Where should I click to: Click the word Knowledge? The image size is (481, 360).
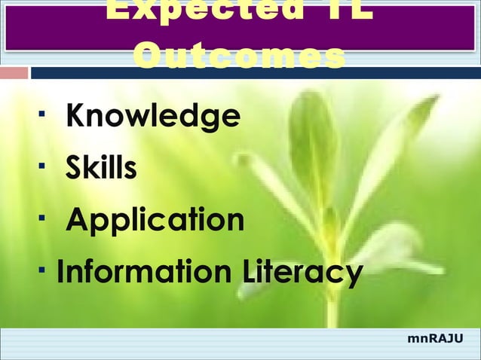click(153, 117)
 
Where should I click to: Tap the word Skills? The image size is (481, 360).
click(101, 169)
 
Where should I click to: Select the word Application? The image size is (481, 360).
click(155, 221)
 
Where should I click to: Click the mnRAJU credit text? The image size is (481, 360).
click(435, 340)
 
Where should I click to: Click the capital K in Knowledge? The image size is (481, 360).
click(76, 117)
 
